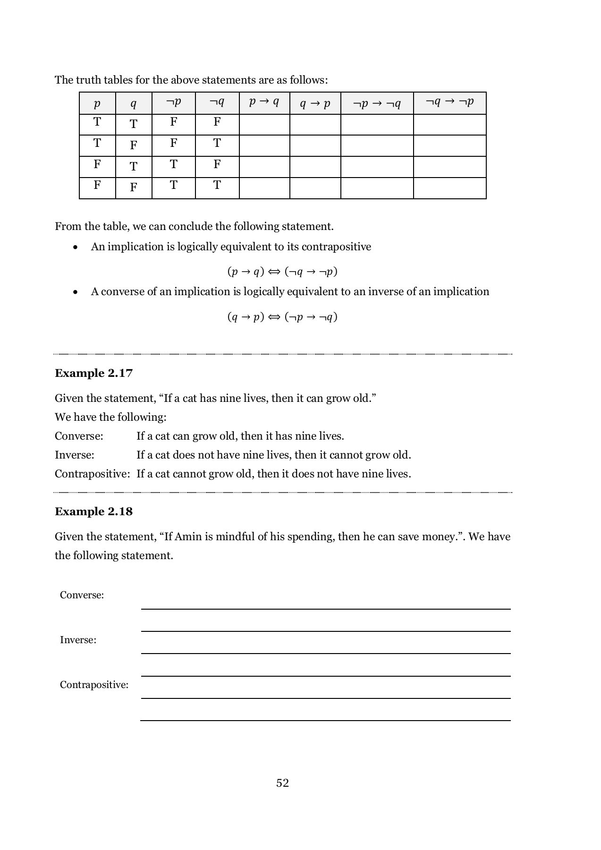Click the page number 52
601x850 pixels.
click(x=282, y=783)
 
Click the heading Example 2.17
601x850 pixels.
click(x=93, y=373)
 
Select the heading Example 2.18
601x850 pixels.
click(x=93, y=511)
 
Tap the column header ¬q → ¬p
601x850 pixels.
click(x=449, y=102)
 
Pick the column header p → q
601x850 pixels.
click(x=264, y=102)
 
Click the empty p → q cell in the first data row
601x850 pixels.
click(x=264, y=125)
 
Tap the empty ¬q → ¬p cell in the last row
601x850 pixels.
click(x=449, y=188)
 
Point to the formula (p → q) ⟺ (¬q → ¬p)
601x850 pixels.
click(x=282, y=272)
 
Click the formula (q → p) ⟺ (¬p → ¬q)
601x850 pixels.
click(x=282, y=316)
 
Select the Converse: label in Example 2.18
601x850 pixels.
click(x=82, y=595)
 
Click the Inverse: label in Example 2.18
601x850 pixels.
click(x=78, y=640)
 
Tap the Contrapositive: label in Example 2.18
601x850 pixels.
click(x=94, y=685)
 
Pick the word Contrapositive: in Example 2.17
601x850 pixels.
click(x=92, y=474)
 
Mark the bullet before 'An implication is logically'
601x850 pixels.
click(x=75, y=247)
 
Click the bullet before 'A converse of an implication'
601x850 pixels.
click(x=75, y=292)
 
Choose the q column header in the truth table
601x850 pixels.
click(x=134, y=103)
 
